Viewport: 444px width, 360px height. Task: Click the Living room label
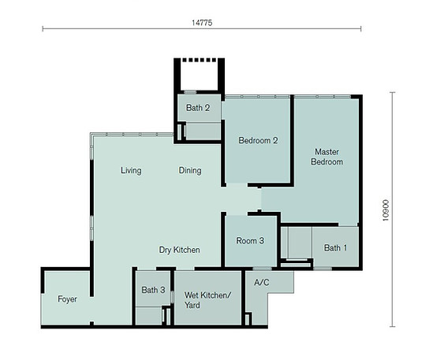[x=131, y=170]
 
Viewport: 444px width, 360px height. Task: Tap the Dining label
[x=189, y=170]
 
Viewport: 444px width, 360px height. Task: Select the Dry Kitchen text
[x=179, y=250]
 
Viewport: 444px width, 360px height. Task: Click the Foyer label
[x=67, y=299]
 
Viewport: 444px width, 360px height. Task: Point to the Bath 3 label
[x=153, y=290]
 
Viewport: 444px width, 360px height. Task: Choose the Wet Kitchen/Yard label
[x=207, y=299]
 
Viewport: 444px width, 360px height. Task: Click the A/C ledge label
[x=262, y=281]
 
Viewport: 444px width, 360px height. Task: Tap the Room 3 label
[x=250, y=241]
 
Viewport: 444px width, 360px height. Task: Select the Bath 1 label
[x=335, y=248]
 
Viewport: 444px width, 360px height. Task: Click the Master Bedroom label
[x=328, y=156]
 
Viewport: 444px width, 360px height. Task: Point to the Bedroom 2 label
[x=258, y=142]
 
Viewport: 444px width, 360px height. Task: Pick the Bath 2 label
[x=198, y=108]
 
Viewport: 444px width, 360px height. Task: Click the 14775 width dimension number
[x=202, y=23]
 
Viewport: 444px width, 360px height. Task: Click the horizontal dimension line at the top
[x=118, y=30]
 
